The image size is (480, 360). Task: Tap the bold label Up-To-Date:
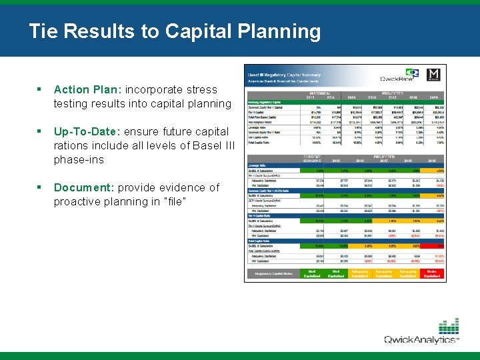pyautogui.click(x=83, y=131)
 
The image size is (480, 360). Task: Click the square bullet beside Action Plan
pyautogui.click(x=40, y=89)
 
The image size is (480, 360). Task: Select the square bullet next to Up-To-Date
pyautogui.click(x=40, y=131)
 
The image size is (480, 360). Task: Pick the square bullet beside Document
pyautogui.click(x=40, y=187)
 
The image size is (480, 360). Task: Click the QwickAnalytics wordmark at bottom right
pyautogui.click(x=421, y=340)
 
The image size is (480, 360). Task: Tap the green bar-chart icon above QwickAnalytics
pyautogui.click(x=447, y=326)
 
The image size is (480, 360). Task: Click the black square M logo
pyautogui.click(x=433, y=75)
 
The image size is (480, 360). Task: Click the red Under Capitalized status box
pyautogui.click(x=433, y=273)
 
